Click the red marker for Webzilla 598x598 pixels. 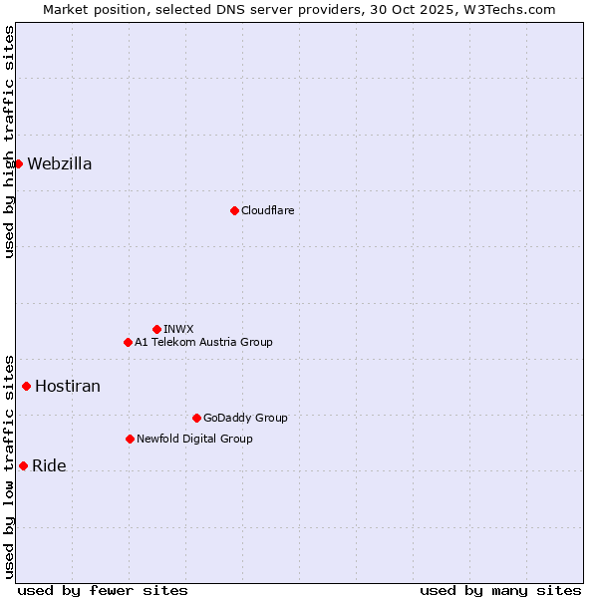click(x=18, y=163)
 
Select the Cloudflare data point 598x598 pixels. click(x=234, y=210)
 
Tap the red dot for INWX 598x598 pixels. click(x=156, y=329)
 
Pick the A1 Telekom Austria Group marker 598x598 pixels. click(x=128, y=342)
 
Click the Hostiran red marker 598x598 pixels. click(x=26, y=386)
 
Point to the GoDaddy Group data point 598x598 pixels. click(x=196, y=418)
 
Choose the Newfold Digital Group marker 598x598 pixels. click(x=130, y=439)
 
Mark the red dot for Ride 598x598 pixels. click(x=23, y=465)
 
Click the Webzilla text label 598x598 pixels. click(x=60, y=164)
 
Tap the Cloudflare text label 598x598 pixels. click(x=267, y=210)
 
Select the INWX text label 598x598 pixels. click(x=178, y=329)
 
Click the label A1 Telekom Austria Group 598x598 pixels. click(x=203, y=342)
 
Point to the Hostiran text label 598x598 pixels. click(x=68, y=387)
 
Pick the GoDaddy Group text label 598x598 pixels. click(x=245, y=418)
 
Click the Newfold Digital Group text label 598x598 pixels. click(x=194, y=439)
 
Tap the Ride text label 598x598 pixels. click(x=49, y=466)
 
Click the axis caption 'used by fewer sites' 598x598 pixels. click(x=103, y=590)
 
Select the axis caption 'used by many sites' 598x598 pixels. click(x=500, y=590)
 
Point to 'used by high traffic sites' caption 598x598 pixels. click(x=9, y=142)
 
